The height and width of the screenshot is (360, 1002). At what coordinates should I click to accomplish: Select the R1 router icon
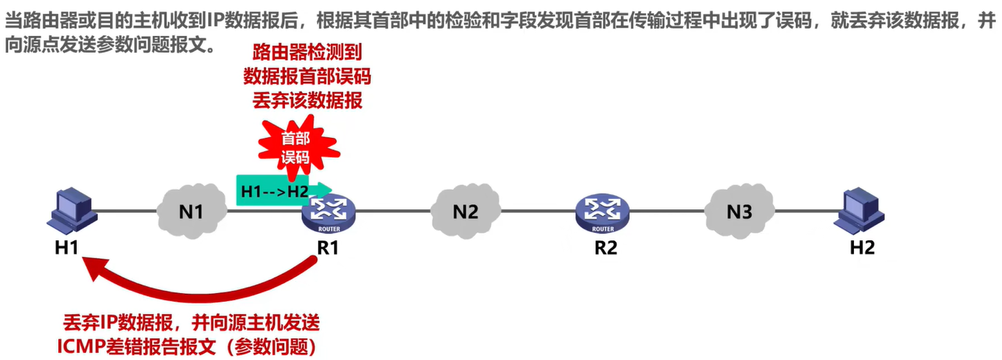[328, 213]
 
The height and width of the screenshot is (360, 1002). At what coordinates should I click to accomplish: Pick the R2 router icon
[603, 213]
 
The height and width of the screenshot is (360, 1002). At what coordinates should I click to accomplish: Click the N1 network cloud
[191, 211]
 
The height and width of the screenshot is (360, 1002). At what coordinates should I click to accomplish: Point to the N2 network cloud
[465, 211]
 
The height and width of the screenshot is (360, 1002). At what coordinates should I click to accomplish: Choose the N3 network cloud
[739, 211]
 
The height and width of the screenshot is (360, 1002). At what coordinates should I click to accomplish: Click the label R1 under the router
[328, 247]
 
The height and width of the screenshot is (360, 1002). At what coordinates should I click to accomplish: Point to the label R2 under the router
[605, 247]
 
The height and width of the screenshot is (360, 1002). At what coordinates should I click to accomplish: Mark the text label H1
[67, 247]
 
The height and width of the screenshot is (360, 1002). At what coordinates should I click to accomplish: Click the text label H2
[861, 247]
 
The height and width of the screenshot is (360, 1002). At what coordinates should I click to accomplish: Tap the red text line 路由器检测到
[307, 51]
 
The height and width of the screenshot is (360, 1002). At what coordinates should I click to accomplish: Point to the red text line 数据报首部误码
[307, 76]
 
